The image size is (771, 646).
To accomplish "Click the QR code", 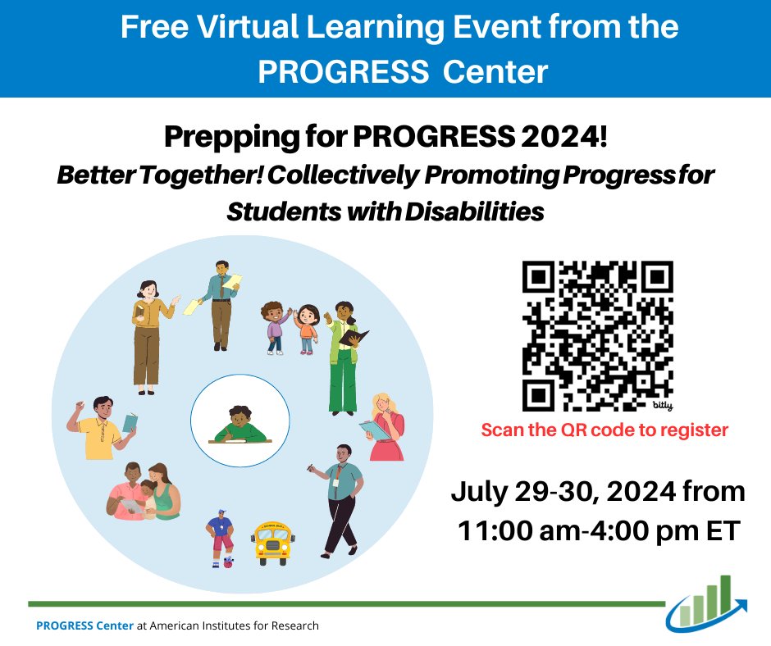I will (x=597, y=334).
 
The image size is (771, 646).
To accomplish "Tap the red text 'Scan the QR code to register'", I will (x=604, y=429).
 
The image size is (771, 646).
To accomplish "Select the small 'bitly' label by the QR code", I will (x=661, y=405).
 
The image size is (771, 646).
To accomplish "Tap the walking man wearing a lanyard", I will (x=339, y=498).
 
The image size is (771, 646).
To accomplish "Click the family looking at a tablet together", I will (x=141, y=491).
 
